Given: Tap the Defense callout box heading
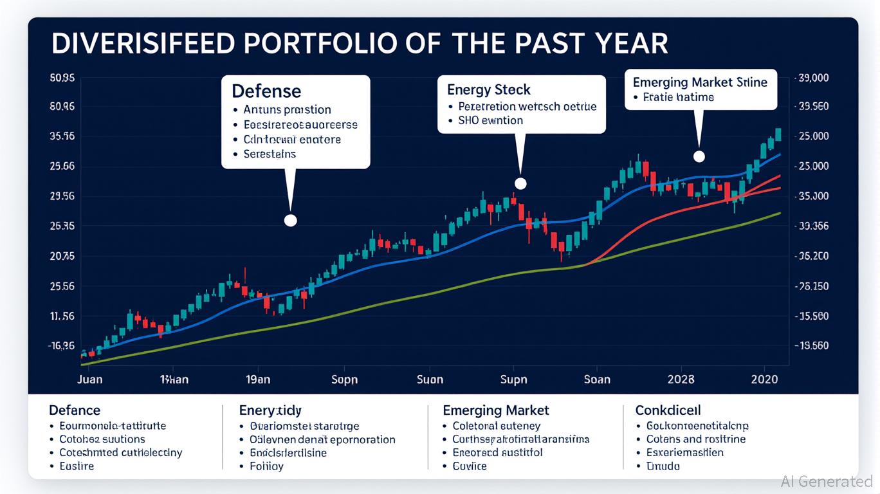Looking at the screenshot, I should click(x=266, y=90).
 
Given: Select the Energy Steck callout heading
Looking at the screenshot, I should click(x=489, y=89).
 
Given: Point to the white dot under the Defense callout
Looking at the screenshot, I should click(x=290, y=220).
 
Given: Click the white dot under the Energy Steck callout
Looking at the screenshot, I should click(x=520, y=184).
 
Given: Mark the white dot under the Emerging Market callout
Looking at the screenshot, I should click(x=699, y=156).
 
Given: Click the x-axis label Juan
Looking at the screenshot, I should click(x=89, y=379).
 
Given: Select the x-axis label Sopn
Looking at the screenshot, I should click(x=344, y=379).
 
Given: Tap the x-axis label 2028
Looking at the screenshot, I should click(x=681, y=379).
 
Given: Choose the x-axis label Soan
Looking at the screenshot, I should click(x=597, y=379).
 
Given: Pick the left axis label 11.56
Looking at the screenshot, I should click(x=62, y=316).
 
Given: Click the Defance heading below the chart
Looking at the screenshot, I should click(x=75, y=410).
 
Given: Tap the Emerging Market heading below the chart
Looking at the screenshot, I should click(x=496, y=410).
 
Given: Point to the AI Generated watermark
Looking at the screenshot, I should click(x=827, y=481).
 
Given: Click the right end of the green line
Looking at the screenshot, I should click(x=780, y=213).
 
